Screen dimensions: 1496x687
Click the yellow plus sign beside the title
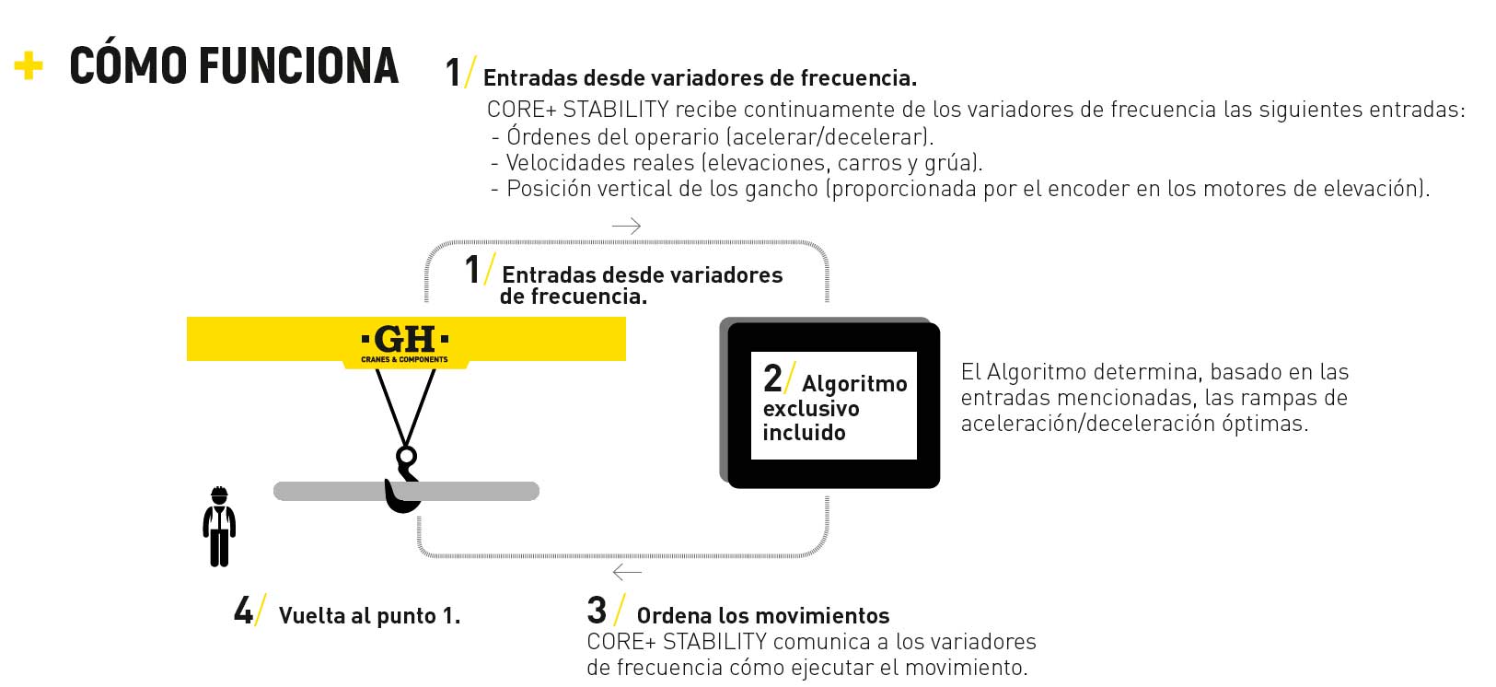(28, 65)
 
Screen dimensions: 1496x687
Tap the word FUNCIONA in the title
(298, 66)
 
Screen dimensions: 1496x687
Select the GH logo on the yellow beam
(405, 343)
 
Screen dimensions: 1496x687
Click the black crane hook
(402, 480)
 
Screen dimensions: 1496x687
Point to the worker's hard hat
(219, 495)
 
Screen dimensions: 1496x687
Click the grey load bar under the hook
(406, 491)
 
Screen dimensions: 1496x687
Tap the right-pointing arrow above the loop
(626, 226)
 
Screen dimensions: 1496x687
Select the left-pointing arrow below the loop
(626, 572)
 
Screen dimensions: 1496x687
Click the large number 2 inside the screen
(772, 378)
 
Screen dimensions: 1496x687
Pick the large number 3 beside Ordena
(597, 611)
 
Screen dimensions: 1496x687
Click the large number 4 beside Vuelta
(244, 611)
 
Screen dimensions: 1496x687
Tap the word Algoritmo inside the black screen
(854, 384)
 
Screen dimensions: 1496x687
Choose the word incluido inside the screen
(804, 433)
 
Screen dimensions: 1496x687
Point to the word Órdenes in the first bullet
(546, 135)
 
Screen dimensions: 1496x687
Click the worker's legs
(219, 548)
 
